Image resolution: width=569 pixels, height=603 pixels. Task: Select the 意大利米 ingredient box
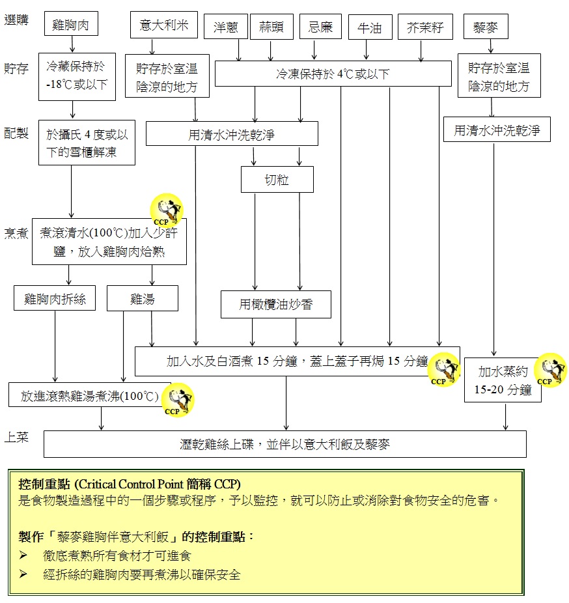(x=163, y=25)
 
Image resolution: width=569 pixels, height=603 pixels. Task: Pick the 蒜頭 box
(x=271, y=27)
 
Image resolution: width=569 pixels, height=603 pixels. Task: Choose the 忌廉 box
(x=320, y=27)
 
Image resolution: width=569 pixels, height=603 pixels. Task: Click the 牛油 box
(x=369, y=27)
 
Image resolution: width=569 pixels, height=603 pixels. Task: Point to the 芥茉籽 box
(x=424, y=27)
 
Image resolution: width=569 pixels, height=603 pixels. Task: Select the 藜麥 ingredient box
(x=486, y=27)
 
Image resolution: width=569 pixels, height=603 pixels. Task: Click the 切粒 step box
(x=277, y=180)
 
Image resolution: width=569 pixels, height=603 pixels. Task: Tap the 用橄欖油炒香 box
(x=276, y=304)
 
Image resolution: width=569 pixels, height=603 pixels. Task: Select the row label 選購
(x=17, y=20)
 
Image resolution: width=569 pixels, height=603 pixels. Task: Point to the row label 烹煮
(x=17, y=233)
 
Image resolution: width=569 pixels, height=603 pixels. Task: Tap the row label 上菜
(x=17, y=437)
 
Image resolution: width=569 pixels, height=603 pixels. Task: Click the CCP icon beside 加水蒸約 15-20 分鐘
(x=550, y=370)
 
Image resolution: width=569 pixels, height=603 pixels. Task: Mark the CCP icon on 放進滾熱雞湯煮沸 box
(x=176, y=400)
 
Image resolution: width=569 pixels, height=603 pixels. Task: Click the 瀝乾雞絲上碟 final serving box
(x=284, y=444)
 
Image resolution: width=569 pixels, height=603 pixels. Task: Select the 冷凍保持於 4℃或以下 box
(x=333, y=74)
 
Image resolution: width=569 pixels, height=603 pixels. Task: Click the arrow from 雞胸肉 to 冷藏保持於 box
(x=72, y=44)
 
